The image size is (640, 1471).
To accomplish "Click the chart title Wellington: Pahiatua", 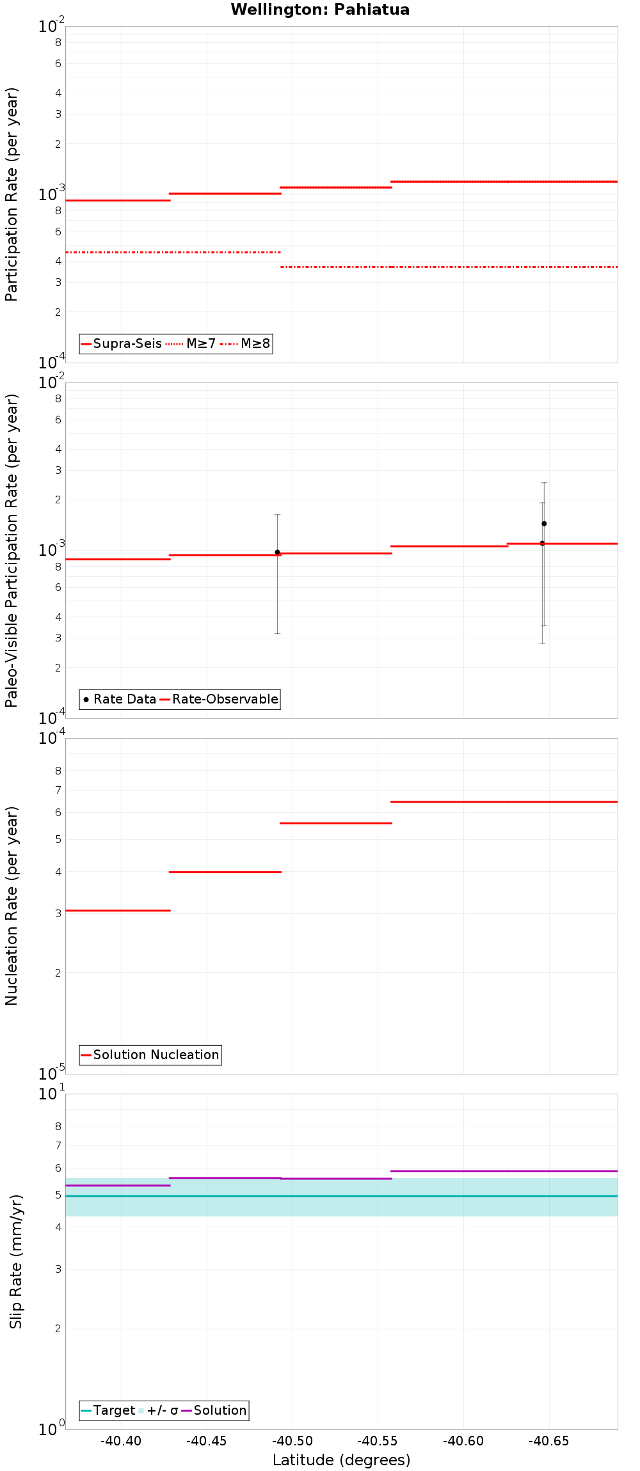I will (320, 10).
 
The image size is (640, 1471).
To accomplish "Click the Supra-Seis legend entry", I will (121, 343).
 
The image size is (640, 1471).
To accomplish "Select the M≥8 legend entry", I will (246, 343).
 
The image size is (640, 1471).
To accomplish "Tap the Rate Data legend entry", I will (120, 699).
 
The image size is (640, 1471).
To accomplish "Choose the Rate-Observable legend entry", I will (219, 699).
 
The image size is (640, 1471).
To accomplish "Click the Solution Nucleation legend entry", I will (150, 1055).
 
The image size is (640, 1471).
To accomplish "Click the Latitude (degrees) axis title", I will (341, 1460).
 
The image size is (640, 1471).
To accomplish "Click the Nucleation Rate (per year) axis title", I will (12, 906).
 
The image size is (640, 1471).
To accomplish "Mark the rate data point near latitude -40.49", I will (277, 552).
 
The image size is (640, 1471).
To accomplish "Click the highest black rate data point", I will (544, 523).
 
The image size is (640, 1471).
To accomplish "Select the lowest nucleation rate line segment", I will (118, 910).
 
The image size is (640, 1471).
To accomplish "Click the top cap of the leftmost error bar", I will (277, 514).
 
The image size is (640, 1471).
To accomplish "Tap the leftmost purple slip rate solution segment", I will (118, 1185).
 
